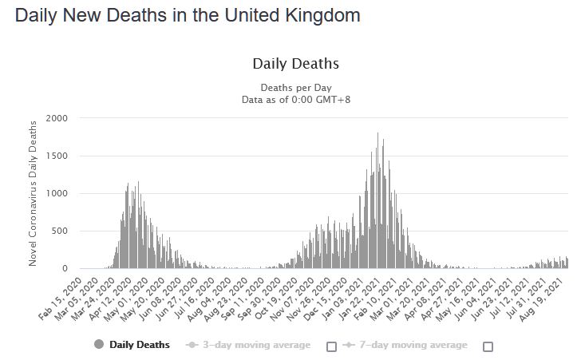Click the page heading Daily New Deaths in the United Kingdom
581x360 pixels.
188,15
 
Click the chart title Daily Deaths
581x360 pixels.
295,64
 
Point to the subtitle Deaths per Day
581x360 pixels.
295,87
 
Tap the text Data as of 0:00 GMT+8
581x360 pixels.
295,99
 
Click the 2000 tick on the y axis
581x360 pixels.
57,118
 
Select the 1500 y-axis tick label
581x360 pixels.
57,156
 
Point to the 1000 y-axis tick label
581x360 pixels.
57,193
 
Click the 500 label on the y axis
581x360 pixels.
59,231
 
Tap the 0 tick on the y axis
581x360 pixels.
65,269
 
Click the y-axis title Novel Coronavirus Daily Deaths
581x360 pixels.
33,193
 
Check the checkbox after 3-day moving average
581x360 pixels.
331,346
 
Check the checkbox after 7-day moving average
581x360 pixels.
488,346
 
